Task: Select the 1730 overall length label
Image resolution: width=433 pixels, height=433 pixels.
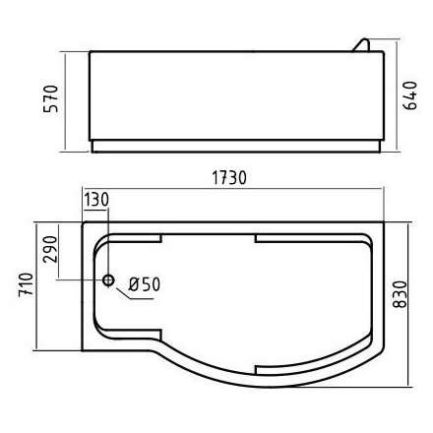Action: click(x=230, y=178)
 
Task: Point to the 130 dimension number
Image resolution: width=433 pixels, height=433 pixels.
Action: click(x=96, y=200)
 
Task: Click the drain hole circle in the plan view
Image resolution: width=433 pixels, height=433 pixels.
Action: click(x=110, y=279)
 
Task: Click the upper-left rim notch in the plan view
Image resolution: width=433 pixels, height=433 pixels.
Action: click(x=134, y=239)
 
